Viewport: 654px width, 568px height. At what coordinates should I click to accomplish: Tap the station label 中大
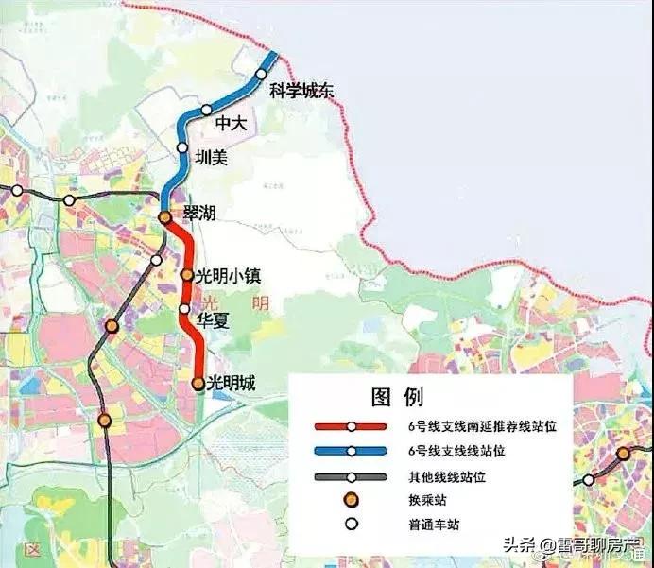click(230, 124)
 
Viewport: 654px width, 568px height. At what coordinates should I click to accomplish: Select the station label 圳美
click(211, 158)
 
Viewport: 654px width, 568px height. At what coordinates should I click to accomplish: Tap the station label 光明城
click(232, 383)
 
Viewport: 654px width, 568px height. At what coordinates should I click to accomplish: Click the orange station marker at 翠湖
click(164, 217)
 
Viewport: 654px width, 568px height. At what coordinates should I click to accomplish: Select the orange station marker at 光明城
click(198, 384)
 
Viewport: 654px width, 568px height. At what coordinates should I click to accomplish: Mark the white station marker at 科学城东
click(262, 74)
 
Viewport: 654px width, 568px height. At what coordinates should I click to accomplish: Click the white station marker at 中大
click(207, 110)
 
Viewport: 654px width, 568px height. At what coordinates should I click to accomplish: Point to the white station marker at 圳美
click(182, 146)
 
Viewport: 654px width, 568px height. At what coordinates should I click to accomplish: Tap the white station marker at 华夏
click(185, 308)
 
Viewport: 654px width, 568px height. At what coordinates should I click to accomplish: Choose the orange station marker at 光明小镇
click(187, 276)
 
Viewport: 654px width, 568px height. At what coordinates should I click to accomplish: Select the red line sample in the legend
click(351, 426)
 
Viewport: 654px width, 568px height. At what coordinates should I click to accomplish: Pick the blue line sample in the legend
click(351, 452)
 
